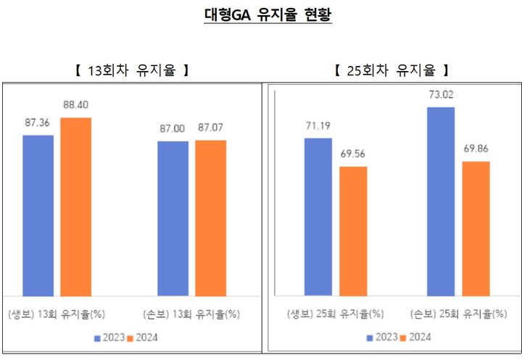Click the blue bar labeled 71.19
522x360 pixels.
(318, 217)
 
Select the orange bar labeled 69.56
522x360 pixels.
(353, 231)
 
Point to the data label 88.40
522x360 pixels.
(75, 105)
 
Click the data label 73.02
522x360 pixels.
(441, 94)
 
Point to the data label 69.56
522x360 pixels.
(354, 154)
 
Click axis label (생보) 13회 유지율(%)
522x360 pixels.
(57, 314)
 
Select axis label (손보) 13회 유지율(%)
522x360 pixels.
(191, 314)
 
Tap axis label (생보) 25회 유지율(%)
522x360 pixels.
(335, 314)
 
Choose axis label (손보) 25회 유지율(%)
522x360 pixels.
(458, 314)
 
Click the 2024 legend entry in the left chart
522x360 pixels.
(142, 338)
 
